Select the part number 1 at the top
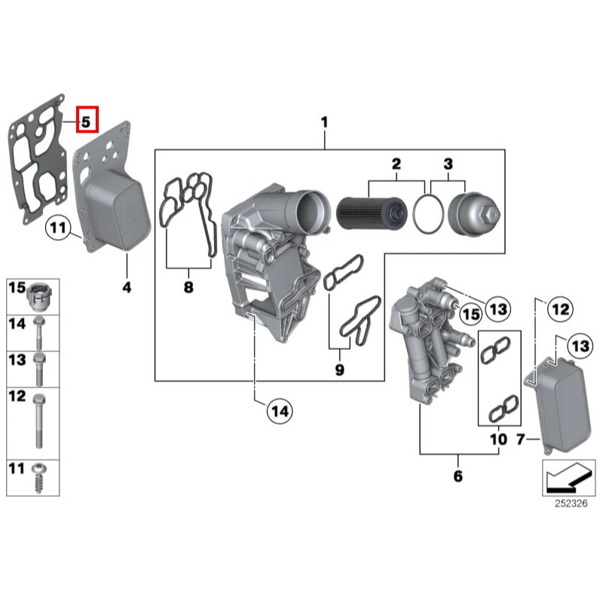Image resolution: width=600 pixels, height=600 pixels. click(x=324, y=122)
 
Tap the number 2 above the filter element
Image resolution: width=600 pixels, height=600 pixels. click(x=395, y=164)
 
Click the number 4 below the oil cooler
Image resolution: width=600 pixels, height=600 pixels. click(x=127, y=287)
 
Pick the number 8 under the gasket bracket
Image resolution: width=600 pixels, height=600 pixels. click(x=188, y=287)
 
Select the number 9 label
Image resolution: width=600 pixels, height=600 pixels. click(x=339, y=369)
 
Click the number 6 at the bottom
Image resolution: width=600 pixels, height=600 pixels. click(x=458, y=476)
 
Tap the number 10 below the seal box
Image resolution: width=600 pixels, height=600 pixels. click(x=498, y=438)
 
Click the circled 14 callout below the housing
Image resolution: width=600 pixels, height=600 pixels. click(x=280, y=412)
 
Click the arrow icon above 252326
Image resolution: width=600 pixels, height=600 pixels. click(x=561, y=476)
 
